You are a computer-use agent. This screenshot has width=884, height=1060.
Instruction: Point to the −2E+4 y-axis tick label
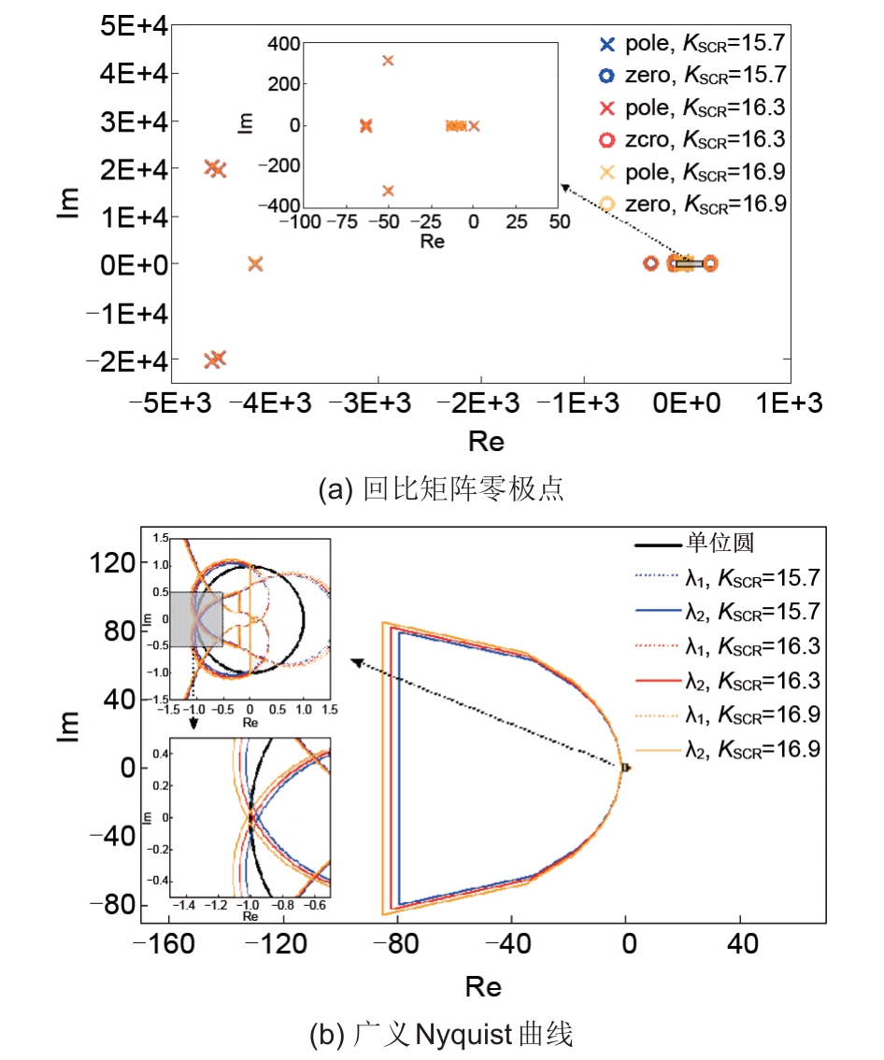pos(125,360)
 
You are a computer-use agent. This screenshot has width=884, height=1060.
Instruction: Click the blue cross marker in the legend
pos(606,43)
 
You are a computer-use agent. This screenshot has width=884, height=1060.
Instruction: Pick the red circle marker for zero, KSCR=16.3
pos(606,140)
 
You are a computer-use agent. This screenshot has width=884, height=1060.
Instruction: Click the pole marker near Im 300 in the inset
pos(388,61)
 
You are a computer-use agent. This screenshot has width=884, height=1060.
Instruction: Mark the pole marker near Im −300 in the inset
pos(388,191)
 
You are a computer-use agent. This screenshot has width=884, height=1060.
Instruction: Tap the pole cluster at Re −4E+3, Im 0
pos(255,264)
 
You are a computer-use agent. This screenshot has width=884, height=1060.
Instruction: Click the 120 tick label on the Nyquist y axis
pos(111,561)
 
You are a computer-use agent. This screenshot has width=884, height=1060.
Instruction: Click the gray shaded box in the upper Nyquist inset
pos(195,618)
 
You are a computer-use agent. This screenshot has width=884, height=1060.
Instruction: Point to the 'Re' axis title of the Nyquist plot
pos(483,986)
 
